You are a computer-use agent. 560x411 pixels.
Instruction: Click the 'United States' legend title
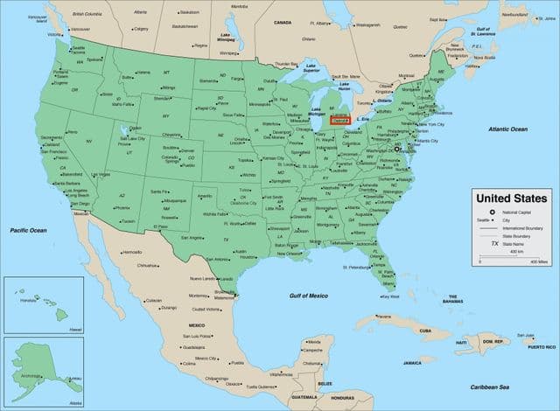[511, 199]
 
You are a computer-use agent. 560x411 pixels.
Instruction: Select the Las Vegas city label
[101, 175]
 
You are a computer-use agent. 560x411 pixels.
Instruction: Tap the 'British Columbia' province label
[86, 15]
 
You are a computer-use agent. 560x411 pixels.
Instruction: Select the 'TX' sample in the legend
[494, 244]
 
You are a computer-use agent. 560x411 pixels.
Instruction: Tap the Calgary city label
[141, 28]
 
